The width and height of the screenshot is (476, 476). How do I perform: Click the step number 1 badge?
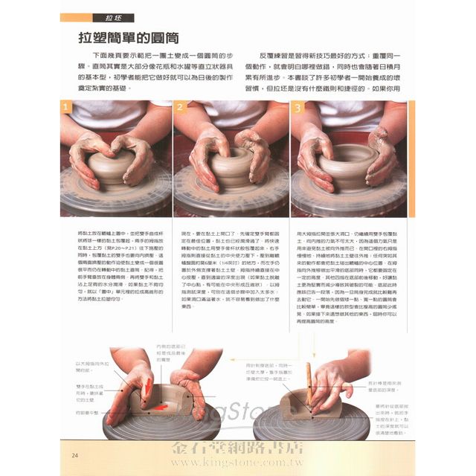pyautogui.click(x=68, y=108)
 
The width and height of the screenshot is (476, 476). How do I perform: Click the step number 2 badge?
pyautogui.click(x=181, y=108)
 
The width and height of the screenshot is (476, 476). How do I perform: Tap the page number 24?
pyautogui.click(x=75, y=454)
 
